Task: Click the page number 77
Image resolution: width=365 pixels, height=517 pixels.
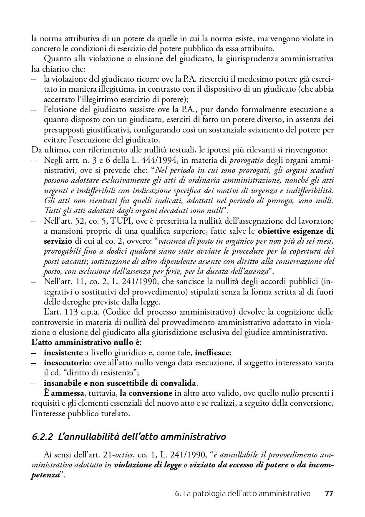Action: click(329, 494)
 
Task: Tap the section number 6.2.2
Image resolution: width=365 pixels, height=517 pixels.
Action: click(43, 437)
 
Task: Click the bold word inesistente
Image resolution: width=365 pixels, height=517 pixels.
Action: click(63, 352)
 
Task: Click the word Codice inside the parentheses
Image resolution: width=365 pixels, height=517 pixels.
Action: click(118, 312)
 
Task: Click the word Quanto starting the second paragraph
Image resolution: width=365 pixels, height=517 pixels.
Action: click(57, 58)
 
